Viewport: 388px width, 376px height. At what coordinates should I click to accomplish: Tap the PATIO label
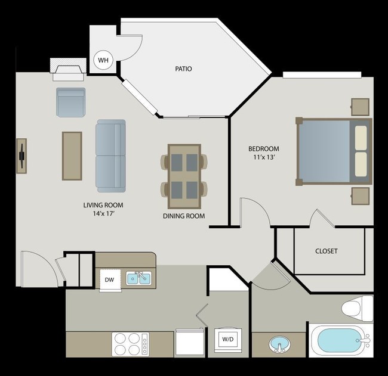[x=183, y=69]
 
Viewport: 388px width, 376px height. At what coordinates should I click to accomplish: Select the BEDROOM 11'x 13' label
[x=263, y=153]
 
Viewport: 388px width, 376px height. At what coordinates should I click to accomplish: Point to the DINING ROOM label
[x=184, y=216]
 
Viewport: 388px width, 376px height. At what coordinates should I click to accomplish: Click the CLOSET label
[x=326, y=251]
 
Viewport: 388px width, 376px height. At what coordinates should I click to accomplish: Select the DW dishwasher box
[x=109, y=279]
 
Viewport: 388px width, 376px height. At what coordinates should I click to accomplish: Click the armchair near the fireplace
[x=71, y=102]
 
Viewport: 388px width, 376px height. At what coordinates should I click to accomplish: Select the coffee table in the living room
[x=72, y=156]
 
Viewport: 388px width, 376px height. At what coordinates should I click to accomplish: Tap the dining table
[x=184, y=172]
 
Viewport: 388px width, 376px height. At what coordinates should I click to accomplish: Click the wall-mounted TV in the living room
[x=21, y=156]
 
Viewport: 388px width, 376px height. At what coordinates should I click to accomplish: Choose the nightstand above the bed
[x=361, y=107]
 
